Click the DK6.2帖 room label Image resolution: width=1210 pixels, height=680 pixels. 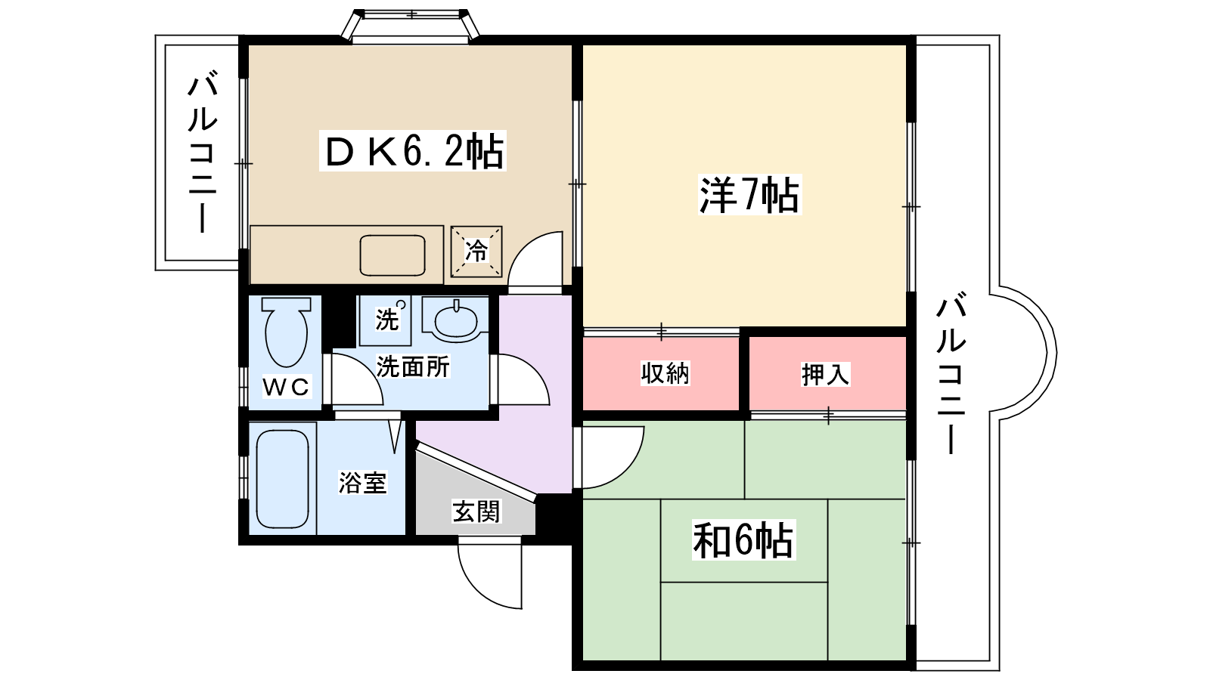pos(413,151)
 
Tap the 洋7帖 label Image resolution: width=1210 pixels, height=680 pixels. pos(749,195)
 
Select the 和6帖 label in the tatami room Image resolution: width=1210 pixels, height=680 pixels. pos(743,541)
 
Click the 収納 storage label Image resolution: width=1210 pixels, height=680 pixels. pos(665,373)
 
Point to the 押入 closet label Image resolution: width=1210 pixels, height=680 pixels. pos(826,374)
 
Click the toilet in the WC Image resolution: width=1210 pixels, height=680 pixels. pos(286,332)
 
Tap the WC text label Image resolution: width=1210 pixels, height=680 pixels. pos(286,388)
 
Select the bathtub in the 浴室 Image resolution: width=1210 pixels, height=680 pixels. pos(283,478)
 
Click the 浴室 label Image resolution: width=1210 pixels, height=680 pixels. pos(362,483)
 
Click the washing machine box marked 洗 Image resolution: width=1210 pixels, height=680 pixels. pos(386,319)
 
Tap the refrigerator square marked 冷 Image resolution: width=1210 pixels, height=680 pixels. pos(476,251)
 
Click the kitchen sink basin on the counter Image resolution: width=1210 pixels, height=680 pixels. pos(392,255)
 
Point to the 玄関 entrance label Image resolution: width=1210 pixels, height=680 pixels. pos(476,512)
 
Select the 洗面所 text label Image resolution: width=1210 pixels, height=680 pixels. pos(413,367)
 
